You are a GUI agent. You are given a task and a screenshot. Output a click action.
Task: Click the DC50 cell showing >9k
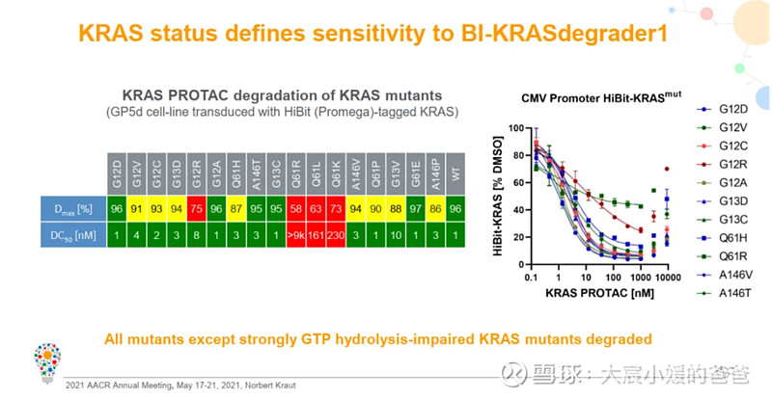pos(298,232)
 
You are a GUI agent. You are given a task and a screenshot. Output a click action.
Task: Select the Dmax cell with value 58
pos(298,207)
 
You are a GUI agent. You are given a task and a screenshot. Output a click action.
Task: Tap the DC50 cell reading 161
pos(317,232)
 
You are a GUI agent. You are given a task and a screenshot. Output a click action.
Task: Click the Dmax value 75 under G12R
pos(197,207)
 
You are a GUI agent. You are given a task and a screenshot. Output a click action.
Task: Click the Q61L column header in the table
pos(317,173)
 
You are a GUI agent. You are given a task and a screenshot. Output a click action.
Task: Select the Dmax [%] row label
pos(74,207)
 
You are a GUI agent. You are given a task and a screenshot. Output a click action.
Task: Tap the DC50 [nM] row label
pos(74,232)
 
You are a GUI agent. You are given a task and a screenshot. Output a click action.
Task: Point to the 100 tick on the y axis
pos(515,128)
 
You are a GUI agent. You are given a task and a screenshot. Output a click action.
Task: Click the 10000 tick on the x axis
pos(667,277)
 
